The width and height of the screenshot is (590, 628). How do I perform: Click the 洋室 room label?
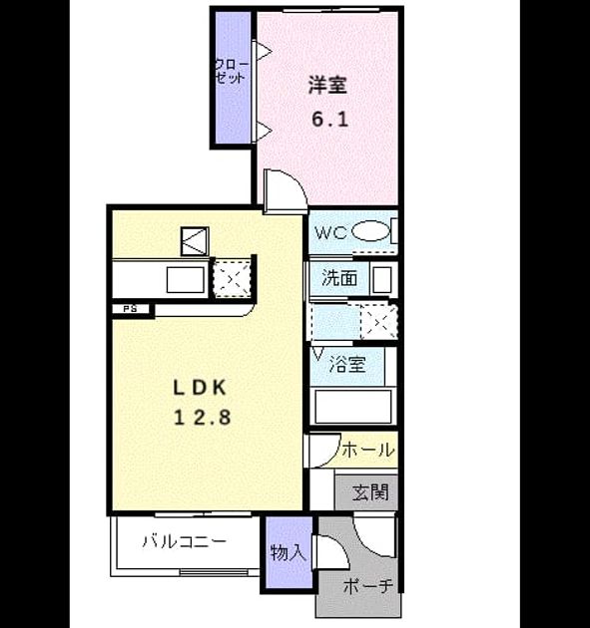(x=327, y=85)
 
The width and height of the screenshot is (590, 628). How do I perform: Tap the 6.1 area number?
(x=329, y=119)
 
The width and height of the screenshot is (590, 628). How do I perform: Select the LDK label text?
(x=200, y=388)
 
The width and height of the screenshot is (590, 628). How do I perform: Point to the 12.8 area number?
(x=203, y=418)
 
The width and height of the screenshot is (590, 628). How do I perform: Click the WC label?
(x=330, y=232)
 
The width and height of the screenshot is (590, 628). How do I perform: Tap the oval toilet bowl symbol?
(x=370, y=231)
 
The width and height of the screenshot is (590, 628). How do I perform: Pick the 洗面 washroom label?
(x=339, y=277)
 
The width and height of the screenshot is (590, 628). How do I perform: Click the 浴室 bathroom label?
(x=347, y=364)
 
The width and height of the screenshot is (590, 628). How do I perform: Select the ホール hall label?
(x=367, y=450)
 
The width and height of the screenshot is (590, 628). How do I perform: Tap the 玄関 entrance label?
(x=370, y=492)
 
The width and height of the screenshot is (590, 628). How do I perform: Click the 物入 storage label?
(x=289, y=553)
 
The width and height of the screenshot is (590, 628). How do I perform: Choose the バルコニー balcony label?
(x=185, y=541)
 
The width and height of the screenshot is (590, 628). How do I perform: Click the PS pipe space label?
(x=130, y=309)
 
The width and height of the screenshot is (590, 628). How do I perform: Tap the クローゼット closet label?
(x=232, y=72)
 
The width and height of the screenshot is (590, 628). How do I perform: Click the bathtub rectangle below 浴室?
(x=353, y=406)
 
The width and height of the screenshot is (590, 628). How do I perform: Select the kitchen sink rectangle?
(x=186, y=279)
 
